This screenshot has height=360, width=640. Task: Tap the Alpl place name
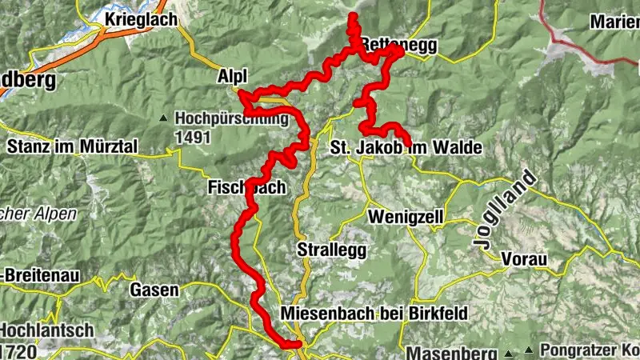(233, 75)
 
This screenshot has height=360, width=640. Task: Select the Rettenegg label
(399, 46)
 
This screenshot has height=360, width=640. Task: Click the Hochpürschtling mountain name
(231, 119)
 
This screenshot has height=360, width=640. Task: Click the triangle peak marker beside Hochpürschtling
(164, 119)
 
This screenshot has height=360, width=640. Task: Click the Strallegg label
(331, 250)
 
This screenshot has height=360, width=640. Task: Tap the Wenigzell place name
(404, 217)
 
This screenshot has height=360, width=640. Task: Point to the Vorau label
(524, 260)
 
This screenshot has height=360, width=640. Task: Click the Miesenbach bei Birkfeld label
(374, 313)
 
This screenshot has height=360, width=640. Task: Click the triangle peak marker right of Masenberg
(508, 353)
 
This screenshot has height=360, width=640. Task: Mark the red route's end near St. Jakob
(409, 143)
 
